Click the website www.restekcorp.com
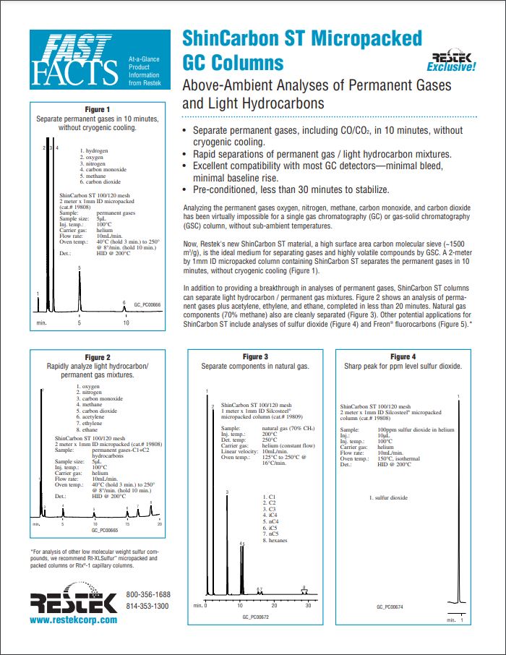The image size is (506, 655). pyautogui.click(x=73, y=620)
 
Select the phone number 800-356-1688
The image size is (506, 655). pyautogui.click(x=148, y=594)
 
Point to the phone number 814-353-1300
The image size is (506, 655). pyautogui.click(x=148, y=605)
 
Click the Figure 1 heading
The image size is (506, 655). pyautogui.click(x=98, y=109)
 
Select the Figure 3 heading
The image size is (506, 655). pyautogui.click(x=255, y=357)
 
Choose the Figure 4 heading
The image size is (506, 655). pyautogui.click(x=403, y=357)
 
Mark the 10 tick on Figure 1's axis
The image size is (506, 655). pyautogui.click(x=126, y=322)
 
